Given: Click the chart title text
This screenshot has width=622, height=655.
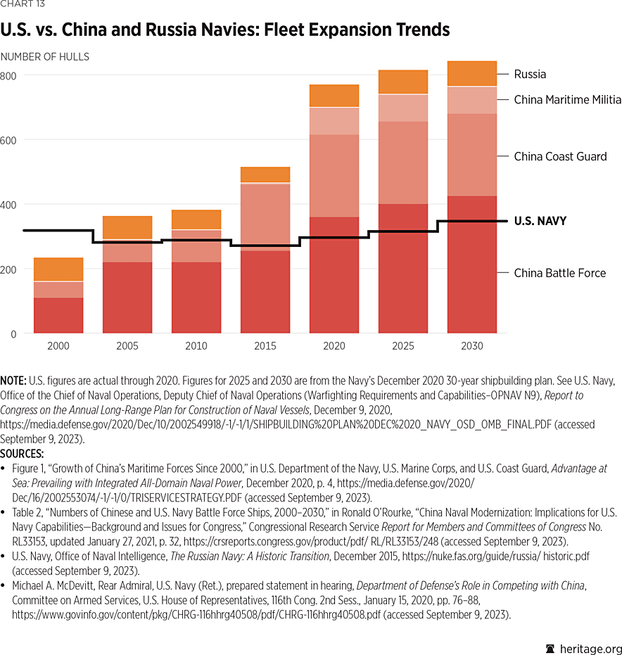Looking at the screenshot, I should [225, 30].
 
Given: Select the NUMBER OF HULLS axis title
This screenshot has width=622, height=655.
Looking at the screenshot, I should [45, 56].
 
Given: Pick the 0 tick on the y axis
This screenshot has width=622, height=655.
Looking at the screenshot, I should [13, 334].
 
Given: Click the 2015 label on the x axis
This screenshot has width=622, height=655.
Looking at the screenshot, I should [265, 346].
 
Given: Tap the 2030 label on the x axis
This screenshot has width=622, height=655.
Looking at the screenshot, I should [472, 346].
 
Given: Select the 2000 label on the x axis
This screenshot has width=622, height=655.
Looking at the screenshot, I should [58, 346].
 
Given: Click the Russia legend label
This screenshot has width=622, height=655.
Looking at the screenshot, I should [530, 74].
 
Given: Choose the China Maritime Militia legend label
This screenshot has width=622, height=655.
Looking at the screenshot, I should [567, 100].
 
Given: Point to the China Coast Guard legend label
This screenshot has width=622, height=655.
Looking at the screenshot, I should [560, 156].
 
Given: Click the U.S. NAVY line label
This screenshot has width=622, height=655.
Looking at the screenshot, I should [540, 221].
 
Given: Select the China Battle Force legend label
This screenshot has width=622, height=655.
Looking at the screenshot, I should [559, 273].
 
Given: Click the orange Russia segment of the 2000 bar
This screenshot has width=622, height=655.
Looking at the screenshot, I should [58, 269].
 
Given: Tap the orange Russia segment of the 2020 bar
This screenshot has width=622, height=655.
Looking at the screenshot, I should [334, 96].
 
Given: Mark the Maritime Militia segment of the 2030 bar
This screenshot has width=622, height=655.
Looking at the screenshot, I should [472, 100].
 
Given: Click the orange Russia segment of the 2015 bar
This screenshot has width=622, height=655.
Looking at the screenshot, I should [265, 174].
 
